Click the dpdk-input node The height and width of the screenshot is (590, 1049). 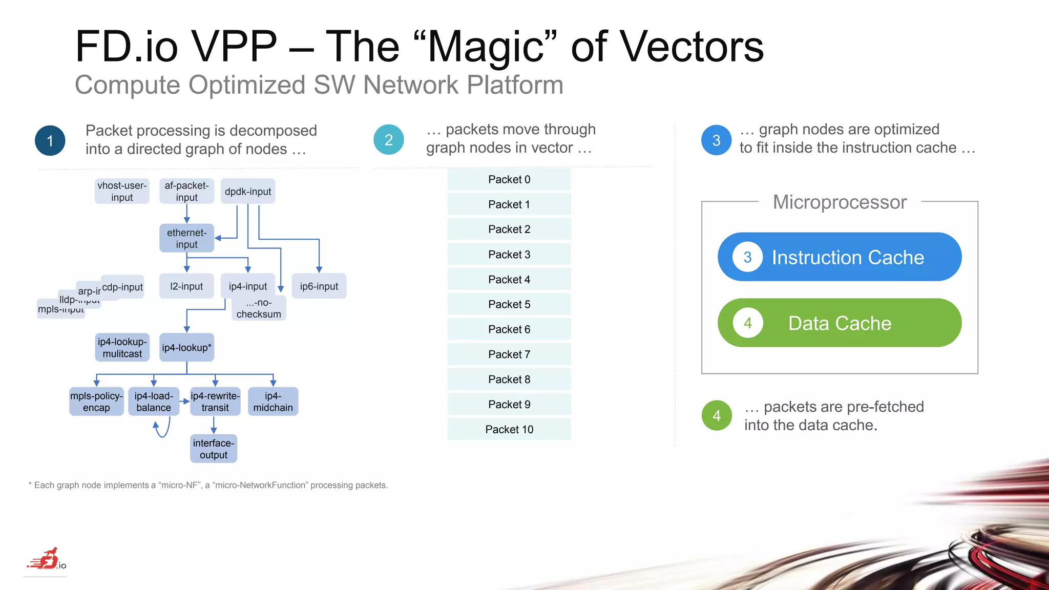248,192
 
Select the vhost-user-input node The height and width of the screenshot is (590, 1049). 122,192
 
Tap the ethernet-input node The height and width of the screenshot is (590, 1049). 186,238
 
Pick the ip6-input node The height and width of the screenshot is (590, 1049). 319,286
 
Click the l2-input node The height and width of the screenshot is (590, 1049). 186,286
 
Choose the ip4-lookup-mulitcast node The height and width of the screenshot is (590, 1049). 122,348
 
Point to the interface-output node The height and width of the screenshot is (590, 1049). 214,449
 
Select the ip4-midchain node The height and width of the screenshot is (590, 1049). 273,402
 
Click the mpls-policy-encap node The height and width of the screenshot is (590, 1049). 96,402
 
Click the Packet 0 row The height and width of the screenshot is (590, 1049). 509,179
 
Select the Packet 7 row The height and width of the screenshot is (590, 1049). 509,354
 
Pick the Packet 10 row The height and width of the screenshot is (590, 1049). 509,429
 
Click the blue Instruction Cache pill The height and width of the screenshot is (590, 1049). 840,257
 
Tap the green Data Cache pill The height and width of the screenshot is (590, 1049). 840,323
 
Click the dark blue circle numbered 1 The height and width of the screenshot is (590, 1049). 50,140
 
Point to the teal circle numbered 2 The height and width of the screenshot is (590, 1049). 389,140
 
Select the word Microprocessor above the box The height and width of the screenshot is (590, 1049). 840,202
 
